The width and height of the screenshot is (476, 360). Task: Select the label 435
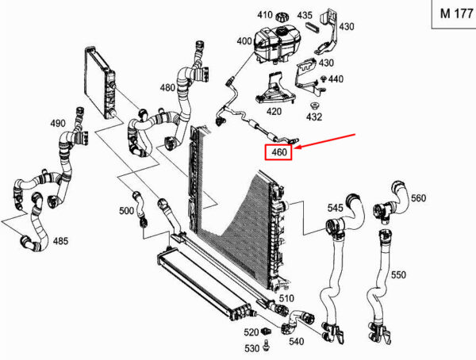point(305,15)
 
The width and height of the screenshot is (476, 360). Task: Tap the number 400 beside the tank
point(244,41)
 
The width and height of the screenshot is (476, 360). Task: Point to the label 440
point(336,79)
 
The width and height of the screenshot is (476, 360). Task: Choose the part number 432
point(314,117)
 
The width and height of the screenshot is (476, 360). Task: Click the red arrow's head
point(296,145)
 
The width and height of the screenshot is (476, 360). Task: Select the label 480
point(167,88)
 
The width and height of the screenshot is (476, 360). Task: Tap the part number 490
point(58,124)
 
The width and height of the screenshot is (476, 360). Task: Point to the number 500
point(126,211)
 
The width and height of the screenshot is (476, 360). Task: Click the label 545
point(336,209)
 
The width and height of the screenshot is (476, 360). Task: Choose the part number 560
point(418,198)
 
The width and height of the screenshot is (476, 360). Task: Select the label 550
point(398,274)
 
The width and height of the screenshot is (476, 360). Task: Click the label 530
point(251,348)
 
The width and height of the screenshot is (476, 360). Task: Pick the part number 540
point(296,342)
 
